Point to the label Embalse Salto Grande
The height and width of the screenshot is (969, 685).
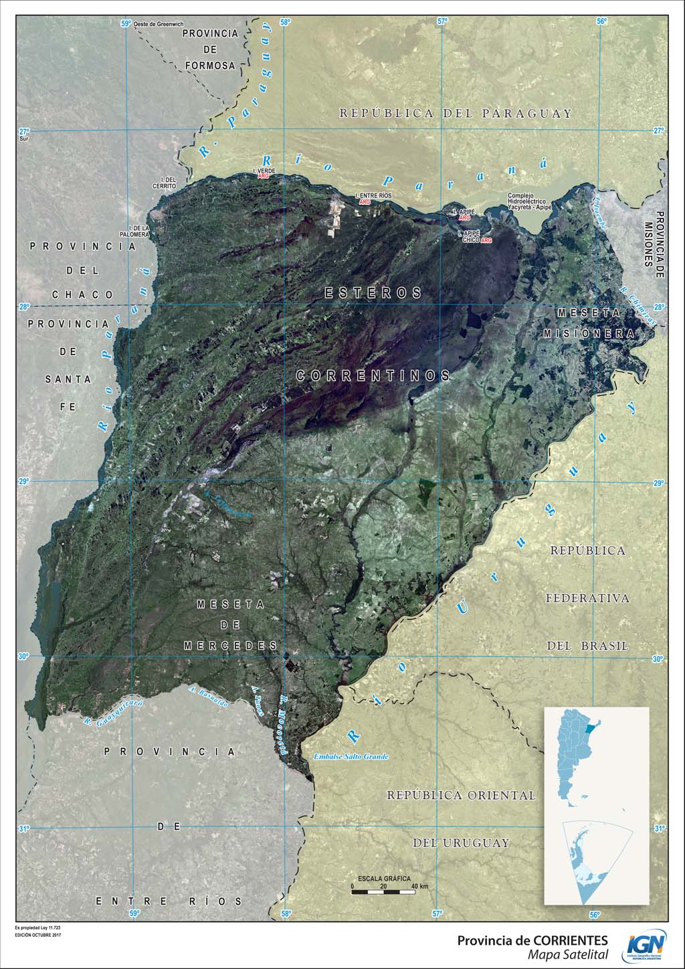tap(351, 757)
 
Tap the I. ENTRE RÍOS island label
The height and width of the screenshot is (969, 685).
tap(373, 195)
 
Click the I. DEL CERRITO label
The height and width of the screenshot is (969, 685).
tap(164, 182)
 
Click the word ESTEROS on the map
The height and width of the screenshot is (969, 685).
tap(373, 293)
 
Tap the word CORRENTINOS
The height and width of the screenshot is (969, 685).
tap(373, 376)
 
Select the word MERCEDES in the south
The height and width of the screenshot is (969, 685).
tap(230, 646)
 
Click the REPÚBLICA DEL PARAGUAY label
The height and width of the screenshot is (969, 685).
tap(456, 113)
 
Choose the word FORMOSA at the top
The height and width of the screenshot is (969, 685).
tap(210, 66)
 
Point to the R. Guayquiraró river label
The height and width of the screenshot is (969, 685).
tap(114, 713)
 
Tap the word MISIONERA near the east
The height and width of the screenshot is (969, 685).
tap(588, 333)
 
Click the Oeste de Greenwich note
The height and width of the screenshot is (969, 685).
tap(158, 24)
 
